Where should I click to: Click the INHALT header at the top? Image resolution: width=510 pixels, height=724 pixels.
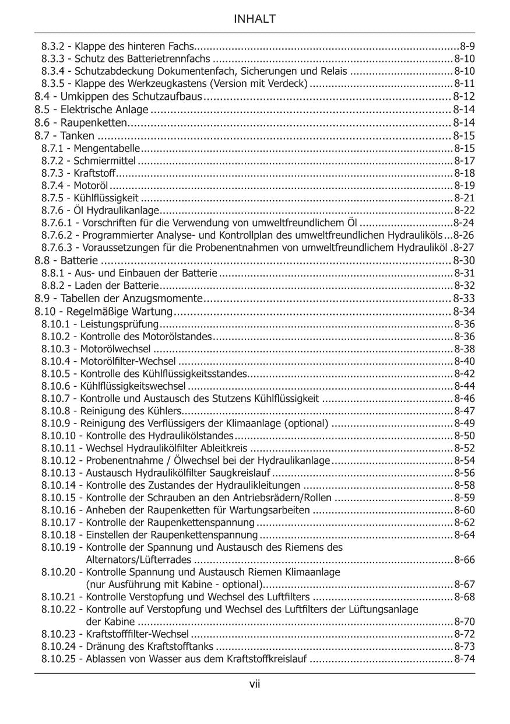coord(255,19)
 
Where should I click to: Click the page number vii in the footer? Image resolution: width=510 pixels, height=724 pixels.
coord(255,684)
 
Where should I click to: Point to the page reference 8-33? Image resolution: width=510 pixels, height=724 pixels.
coord(464,299)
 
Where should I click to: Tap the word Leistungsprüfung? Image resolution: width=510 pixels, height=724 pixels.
coord(119,324)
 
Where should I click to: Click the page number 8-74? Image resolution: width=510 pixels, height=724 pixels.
coord(465,659)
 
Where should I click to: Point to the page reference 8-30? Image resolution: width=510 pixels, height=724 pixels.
coord(464,260)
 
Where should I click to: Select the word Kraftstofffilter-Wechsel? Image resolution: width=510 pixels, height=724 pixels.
coord(137,634)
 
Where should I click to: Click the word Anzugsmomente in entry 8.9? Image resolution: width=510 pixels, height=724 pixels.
coord(168,299)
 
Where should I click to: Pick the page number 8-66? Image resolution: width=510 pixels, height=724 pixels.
coord(465,559)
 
